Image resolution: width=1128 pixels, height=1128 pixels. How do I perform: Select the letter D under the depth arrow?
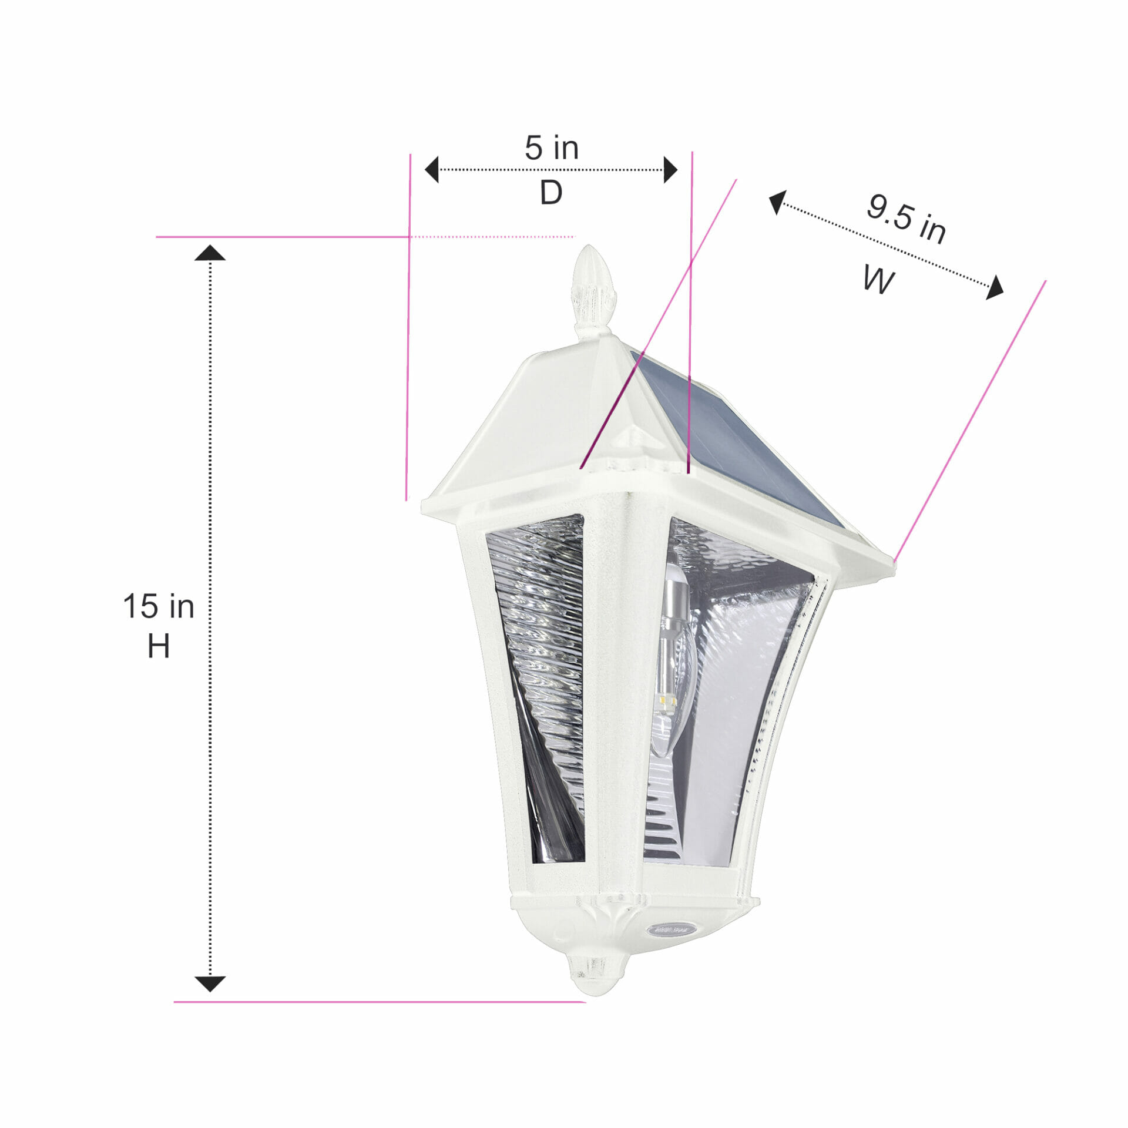pos(551,192)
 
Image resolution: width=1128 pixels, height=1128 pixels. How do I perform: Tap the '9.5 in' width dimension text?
pos(907,219)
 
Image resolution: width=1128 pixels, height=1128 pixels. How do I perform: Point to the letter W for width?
pos(879,279)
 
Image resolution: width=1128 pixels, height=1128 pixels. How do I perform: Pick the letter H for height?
pos(159,646)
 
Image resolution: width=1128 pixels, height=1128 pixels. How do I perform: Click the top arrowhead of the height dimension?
pos(210,253)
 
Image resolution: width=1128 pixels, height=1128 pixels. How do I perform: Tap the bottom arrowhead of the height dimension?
pos(210,984)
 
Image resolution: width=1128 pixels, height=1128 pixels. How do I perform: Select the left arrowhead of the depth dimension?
pos(432,169)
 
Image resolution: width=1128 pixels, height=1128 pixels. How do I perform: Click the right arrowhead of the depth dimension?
pos(670,169)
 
